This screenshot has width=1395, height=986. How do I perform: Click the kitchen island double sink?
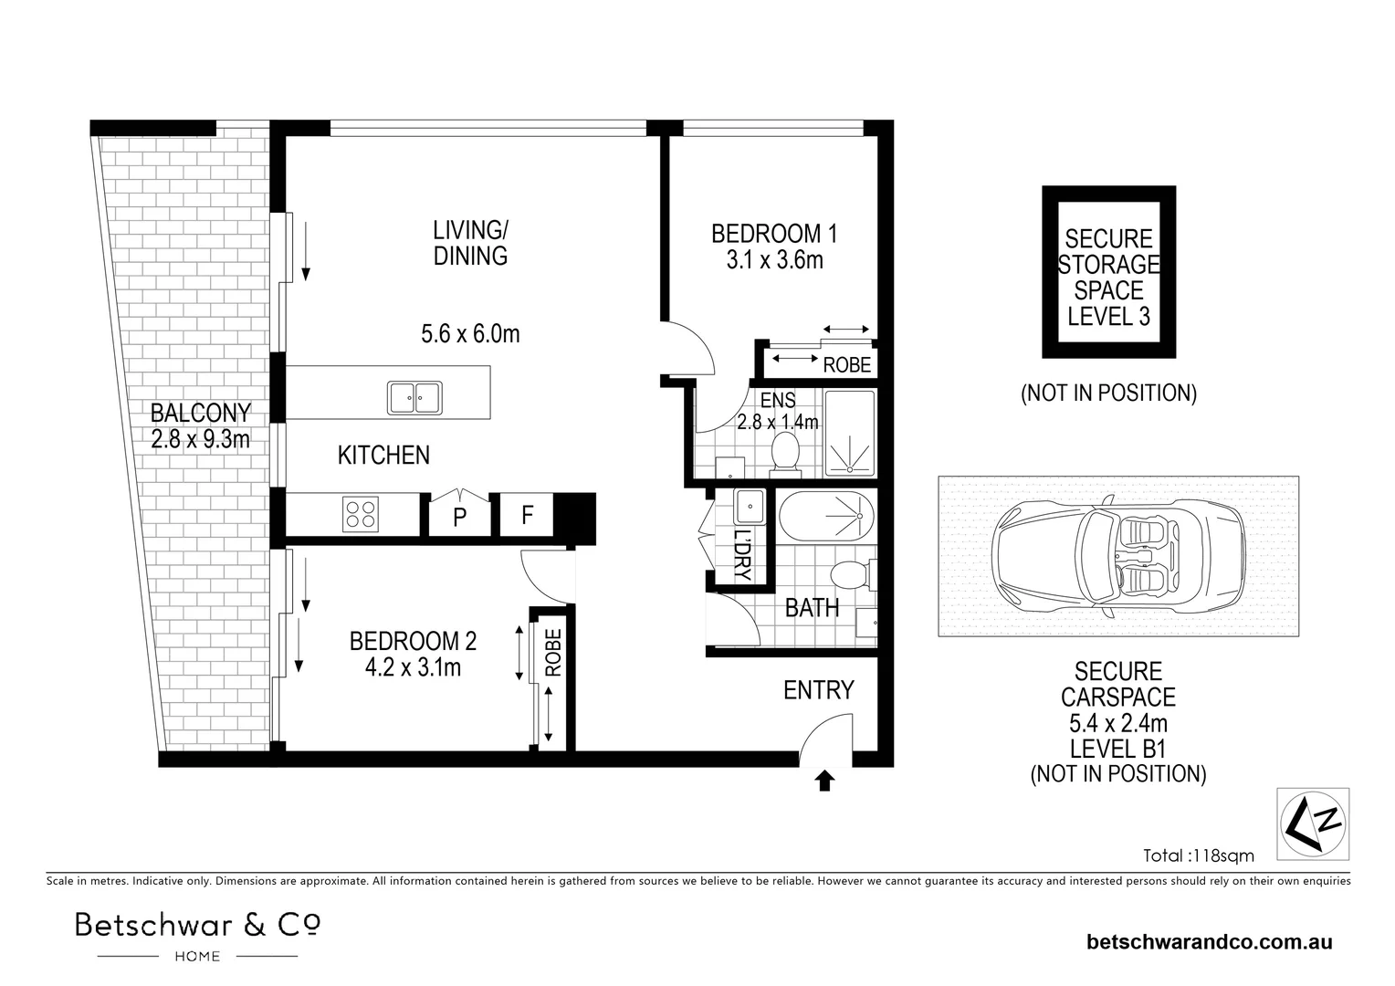(414, 397)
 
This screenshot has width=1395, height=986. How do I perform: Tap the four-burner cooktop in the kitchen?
(361, 514)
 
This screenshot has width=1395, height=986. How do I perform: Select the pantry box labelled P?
(459, 515)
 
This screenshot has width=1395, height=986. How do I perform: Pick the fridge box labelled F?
(527, 515)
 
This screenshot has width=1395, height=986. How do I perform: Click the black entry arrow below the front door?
(824, 781)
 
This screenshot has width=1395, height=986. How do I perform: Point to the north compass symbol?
(1313, 823)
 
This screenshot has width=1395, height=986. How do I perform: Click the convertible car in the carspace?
(1118, 556)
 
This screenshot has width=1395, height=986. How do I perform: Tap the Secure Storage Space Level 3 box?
(1109, 271)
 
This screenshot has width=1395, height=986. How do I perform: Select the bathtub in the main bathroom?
(827, 516)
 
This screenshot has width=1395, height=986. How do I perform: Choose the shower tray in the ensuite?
(849, 433)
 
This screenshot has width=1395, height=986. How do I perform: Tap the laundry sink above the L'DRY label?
(750, 507)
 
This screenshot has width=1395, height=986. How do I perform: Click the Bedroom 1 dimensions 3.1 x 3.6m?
(775, 259)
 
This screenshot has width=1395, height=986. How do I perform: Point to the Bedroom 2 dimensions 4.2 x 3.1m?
(413, 667)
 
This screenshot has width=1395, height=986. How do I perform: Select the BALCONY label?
(201, 413)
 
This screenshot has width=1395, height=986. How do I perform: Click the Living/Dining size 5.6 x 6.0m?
(470, 334)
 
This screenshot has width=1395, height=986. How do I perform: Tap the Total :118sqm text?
(1198, 855)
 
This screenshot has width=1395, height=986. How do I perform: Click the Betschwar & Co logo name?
(197, 925)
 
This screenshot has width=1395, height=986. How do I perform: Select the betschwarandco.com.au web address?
(1210, 942)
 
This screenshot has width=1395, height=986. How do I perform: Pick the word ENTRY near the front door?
(818, 690)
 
